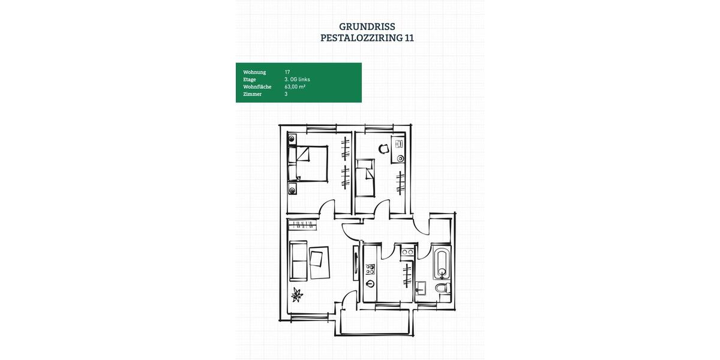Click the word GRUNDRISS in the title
[367, 26]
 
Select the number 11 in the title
[409, 38]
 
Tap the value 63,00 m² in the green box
[295, 87]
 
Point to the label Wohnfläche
[257, 87]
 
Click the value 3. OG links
[297, 79]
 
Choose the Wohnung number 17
[287, 72]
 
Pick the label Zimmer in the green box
[252, 94]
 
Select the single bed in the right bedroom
[365, 178]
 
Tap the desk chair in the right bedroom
[383, 149]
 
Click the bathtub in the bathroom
[442, 265]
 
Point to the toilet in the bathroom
[443, 290]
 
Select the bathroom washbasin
[422, 288]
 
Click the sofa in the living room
[298, 260]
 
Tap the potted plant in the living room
[298, 295]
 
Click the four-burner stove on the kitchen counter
[370, 269]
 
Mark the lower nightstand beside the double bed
[292, 190]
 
